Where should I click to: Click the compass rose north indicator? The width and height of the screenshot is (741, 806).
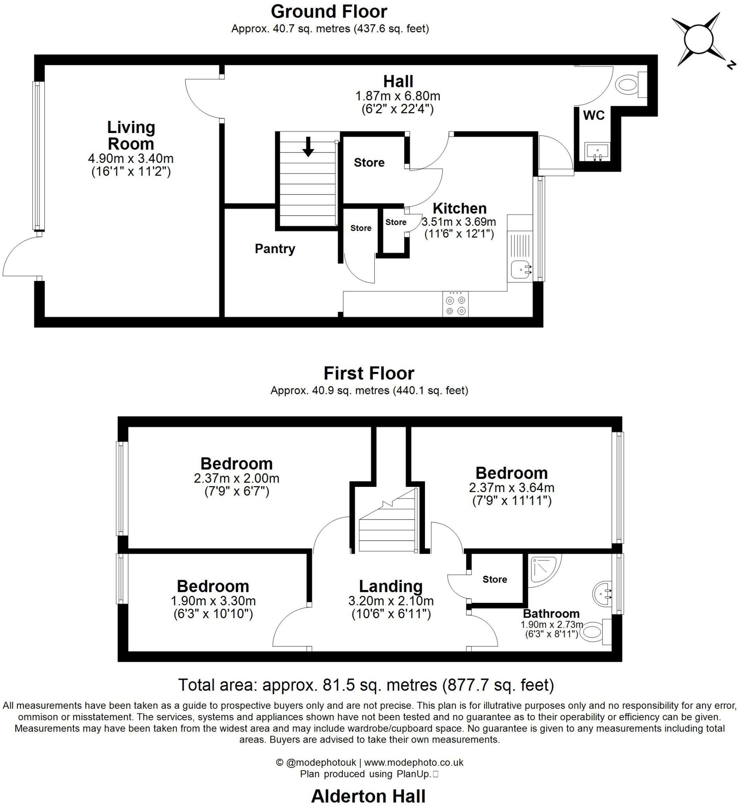click(x=731, y=65)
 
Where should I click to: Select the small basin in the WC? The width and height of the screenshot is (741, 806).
click(x=597, y=152)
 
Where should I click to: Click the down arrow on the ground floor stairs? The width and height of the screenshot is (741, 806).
click(x=308, y=146)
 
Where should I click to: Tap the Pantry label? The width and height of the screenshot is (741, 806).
click(x=275, y=249)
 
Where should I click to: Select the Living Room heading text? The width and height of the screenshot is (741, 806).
click(x=131, y=135)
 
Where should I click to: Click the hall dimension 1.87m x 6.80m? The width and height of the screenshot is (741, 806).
click(x=397, y=96)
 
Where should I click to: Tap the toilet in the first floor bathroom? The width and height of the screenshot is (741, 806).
click(x=593, y=633)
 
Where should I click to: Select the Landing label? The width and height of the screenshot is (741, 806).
click(x=391, y=586)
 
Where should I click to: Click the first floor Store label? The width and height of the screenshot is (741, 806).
click(x=495, y=579)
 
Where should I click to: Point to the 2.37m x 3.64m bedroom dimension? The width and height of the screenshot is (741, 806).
click(x=511, y=488)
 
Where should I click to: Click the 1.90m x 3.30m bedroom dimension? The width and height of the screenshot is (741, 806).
click(x=213, y=601)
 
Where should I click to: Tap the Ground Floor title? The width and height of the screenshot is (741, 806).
click(x=329, y=11)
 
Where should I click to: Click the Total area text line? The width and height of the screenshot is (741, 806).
click(x=366, y=685)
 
